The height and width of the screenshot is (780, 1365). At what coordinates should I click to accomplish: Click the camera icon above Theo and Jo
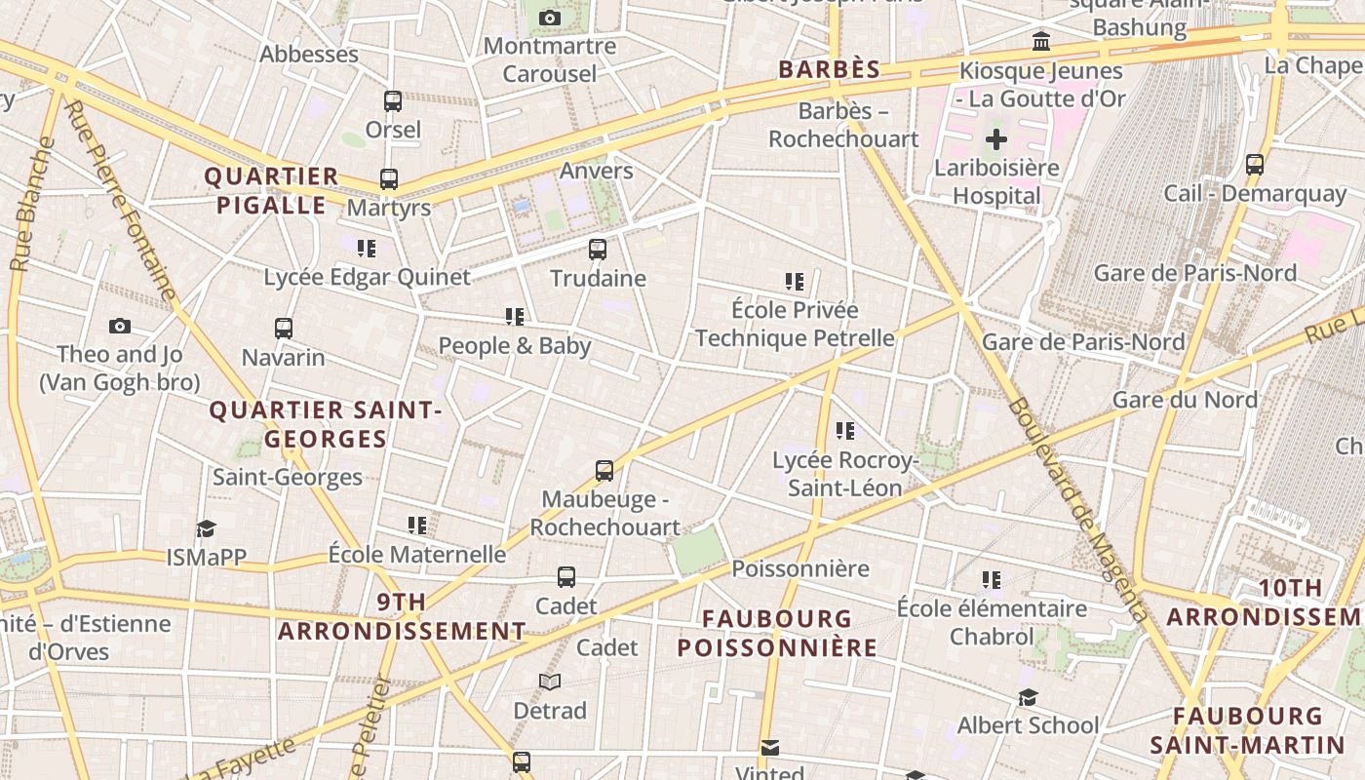120,326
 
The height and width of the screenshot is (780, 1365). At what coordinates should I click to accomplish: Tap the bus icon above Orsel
393,100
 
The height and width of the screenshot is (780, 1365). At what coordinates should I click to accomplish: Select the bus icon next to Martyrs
389,179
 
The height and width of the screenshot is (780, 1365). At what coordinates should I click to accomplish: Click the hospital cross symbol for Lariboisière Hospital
995,139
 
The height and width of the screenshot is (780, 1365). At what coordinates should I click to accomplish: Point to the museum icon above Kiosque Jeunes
1041,42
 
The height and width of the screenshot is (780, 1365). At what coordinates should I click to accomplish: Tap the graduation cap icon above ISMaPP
206,528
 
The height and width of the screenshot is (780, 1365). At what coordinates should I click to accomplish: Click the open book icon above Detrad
550,682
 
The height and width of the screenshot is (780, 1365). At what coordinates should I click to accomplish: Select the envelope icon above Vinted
770,748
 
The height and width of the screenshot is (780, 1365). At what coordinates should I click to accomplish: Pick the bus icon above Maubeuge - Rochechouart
604,471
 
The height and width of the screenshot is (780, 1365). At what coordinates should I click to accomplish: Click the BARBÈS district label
830,69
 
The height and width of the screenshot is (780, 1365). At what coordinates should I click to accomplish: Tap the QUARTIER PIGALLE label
271,191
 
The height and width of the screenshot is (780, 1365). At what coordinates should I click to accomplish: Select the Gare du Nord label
1185,400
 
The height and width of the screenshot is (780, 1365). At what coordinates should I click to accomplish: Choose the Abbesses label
309,55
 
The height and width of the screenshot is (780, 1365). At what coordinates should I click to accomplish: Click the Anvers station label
597,171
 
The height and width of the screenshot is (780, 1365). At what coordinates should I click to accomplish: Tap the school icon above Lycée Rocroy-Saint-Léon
845,430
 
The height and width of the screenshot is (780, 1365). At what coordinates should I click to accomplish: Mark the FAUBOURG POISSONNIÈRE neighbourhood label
777,633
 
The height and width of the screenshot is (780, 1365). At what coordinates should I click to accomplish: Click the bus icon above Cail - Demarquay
1255,164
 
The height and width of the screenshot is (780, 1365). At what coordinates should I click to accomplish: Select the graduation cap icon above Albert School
1028,697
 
